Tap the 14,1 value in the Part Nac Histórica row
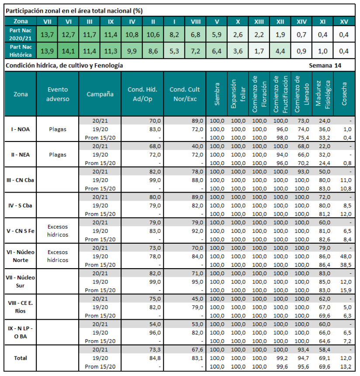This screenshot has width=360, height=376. click(68, 51)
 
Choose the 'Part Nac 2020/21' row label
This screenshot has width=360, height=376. click(21, 34)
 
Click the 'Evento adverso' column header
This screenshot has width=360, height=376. click(58, 94)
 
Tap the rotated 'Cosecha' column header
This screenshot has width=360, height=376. click(345, 94)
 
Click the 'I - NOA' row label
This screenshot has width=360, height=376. click(21, 129)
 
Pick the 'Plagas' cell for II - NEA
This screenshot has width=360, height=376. click(58, 155)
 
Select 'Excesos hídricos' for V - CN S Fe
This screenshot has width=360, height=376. click(58, 231)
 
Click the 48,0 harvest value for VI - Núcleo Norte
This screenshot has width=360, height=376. click(345, 256)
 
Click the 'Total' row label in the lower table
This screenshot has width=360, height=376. click(21, 358)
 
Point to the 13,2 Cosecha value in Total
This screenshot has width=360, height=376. click(345, 366)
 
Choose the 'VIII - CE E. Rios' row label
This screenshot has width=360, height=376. click(21, 307)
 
